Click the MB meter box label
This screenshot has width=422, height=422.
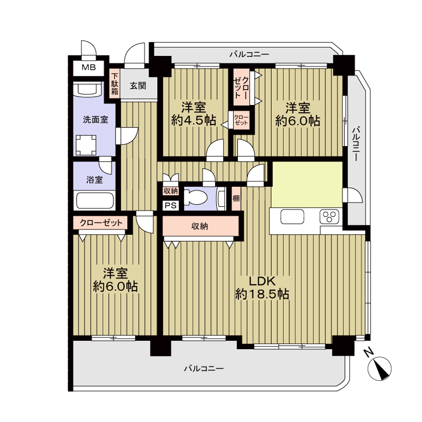89,68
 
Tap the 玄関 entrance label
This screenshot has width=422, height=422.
138,86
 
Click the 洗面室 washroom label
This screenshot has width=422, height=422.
95,120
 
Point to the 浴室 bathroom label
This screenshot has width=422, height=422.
94,180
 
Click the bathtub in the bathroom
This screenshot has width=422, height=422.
95,200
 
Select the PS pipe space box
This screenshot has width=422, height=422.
170,206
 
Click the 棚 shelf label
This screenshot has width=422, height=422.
236,198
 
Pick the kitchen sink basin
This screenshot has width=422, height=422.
292,216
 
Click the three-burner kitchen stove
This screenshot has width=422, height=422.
329,217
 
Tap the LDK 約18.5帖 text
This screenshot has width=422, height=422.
262,287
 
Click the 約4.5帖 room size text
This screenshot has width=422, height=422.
194,121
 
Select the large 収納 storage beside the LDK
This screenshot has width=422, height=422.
200,226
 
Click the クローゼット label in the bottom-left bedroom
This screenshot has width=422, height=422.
101,223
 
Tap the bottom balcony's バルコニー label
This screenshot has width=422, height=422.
204,368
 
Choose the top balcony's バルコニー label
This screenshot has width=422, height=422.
249,55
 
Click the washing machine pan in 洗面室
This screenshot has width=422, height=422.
86,146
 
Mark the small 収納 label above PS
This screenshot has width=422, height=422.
170,191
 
